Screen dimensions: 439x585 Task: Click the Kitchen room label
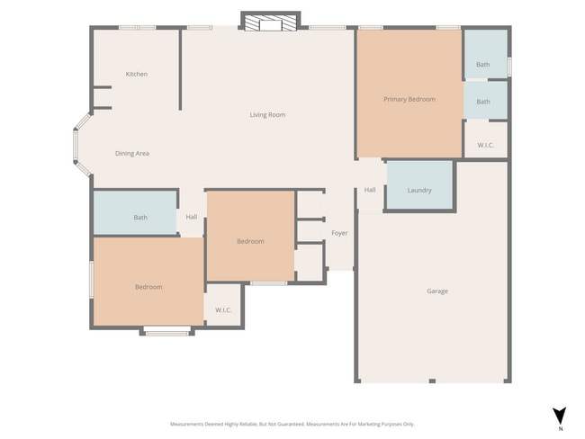[x=137, y=74]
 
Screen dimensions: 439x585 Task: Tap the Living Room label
[x=267, y=114]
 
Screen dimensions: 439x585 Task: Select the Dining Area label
[x=131, y=154]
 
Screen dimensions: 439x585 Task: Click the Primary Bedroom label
[x=409, y=99]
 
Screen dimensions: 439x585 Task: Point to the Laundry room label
[x=418, y=190]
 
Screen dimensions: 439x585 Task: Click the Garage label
[x=437, y=291]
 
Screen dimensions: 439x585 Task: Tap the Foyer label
[x=339, y=233]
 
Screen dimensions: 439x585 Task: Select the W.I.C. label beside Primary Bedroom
[x=485, y=144]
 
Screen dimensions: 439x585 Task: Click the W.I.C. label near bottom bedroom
[x=223, y=310]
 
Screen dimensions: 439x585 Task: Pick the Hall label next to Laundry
[x=370, y=190]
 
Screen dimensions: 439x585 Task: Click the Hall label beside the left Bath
[x=191, y=217]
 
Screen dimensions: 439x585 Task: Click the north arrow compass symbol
[x=560, y=416]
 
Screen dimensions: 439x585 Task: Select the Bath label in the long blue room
[x=140, y=217]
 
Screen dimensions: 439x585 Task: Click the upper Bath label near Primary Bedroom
[x=483, y=65]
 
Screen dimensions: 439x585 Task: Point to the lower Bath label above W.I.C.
[x=483, y=102]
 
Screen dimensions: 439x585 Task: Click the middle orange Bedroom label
[x=250, y=241]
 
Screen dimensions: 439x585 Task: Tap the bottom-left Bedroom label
[x=148, y=287]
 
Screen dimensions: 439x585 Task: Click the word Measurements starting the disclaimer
[x=190, y=424]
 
